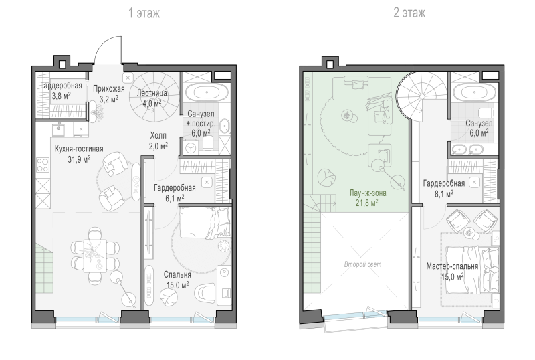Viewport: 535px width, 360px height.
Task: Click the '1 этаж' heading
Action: pos(144,13)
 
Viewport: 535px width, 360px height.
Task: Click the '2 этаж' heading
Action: pos(409,13)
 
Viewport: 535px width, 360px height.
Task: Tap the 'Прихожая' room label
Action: pos(109,89)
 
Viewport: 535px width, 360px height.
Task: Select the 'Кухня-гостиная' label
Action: pos(79,149)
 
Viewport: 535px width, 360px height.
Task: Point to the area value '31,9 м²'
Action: pos(79,159)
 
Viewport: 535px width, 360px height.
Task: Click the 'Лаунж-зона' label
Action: pos(368,193)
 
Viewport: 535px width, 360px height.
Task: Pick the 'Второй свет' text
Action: pos(362,264)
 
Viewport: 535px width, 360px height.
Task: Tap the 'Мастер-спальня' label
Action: pos(452,266)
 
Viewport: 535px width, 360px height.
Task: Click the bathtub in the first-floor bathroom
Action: pos(207,92)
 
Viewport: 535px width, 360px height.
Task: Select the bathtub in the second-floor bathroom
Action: pos(475,92)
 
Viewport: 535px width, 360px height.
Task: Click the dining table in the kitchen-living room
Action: pos(95,256)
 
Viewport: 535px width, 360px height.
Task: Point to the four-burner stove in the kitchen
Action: pos(43,165)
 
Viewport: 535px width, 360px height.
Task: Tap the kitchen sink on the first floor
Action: pos(59,130)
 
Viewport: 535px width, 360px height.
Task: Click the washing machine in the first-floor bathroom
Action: pos(191,148)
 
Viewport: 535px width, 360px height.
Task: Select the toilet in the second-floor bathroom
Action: pos(486,112)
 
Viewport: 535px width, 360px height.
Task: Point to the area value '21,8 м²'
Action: pos(366,203)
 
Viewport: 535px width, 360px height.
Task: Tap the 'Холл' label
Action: pos(158,136)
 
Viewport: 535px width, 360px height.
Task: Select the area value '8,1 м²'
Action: pos(444,194)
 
